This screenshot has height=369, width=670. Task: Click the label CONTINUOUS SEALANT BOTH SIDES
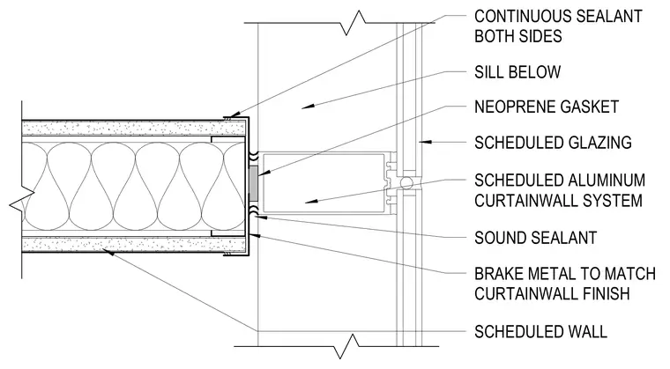click(558, 26)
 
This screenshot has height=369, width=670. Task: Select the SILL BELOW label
click(517, 71)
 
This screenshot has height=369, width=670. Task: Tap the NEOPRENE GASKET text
click(547, 107)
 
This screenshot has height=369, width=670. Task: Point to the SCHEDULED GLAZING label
click(553, 142)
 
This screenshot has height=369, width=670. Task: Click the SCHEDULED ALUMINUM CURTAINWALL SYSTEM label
click(560, 190)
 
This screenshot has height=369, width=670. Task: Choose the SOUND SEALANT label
click(535, 238)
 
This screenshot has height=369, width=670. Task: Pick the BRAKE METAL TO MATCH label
click(565, 273)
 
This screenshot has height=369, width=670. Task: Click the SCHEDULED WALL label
click(540, 332)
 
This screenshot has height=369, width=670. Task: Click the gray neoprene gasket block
click(253, 183)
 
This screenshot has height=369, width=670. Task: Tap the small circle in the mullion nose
click(406, 183)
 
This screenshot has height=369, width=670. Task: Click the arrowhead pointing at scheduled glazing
click(425, 142)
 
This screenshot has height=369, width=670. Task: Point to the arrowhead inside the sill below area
click(308, 106)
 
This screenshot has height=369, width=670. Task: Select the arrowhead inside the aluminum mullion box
click(311, 200)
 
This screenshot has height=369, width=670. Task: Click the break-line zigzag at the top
click(354, 23)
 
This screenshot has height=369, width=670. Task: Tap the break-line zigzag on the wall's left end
click(22, 202)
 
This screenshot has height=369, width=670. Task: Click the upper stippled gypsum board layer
click(134, 128)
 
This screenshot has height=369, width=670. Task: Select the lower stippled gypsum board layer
click(134, 245)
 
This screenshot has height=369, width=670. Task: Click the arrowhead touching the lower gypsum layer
click(108, 253)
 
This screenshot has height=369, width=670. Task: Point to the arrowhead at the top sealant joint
click(233, 115)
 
